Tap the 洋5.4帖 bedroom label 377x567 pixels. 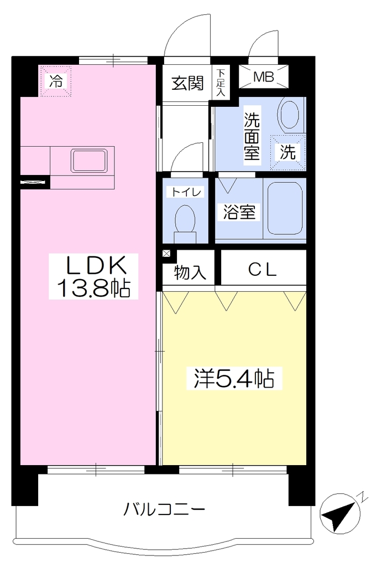(x=234, y=378)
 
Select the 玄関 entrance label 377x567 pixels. (x=187, y=83)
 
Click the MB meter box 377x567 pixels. (x=264, y=76)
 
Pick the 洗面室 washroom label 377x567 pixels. (x=252, y=136)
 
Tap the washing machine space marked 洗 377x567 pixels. (x=288, y=152)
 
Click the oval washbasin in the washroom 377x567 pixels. (x=290, y=114)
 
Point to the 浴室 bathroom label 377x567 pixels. (x=239, y=212)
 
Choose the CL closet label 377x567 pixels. (x=263, y=269)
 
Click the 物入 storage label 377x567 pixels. (x=190, y=272)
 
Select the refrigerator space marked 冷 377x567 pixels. (x=56, y=81)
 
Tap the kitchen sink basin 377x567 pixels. (x=89, y=161)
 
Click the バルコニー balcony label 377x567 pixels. (x=164, y=509)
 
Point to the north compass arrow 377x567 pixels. (x=339, y=514)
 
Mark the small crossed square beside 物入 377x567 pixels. (x=166, y=253)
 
